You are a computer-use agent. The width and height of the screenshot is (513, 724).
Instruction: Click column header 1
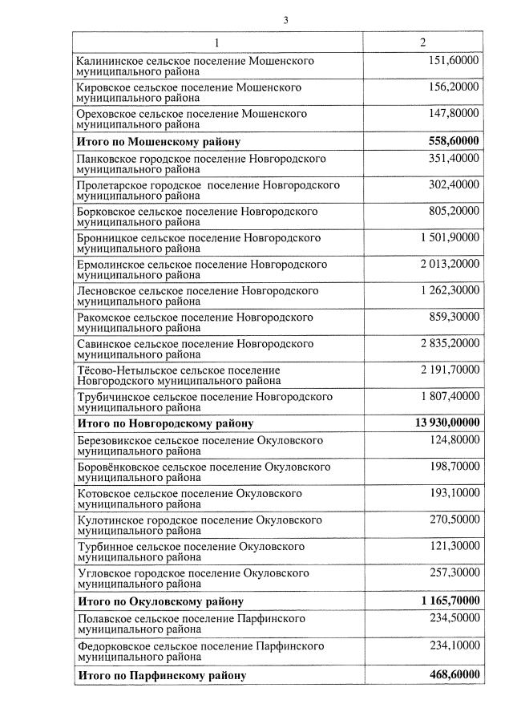pos(216,42)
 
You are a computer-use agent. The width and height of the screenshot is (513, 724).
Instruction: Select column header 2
pos(422,42)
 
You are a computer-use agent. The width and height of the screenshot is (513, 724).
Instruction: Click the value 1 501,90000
pos(448,237)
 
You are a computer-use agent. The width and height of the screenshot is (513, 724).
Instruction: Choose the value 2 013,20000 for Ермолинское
pos(448,264)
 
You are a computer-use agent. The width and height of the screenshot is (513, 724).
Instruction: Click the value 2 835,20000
pos(448,343)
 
